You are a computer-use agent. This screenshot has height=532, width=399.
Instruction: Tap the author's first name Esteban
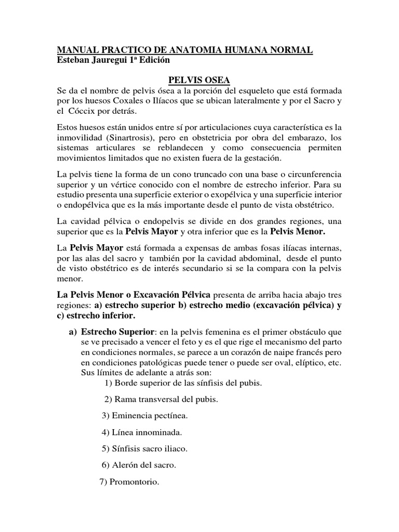pos(73,60)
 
